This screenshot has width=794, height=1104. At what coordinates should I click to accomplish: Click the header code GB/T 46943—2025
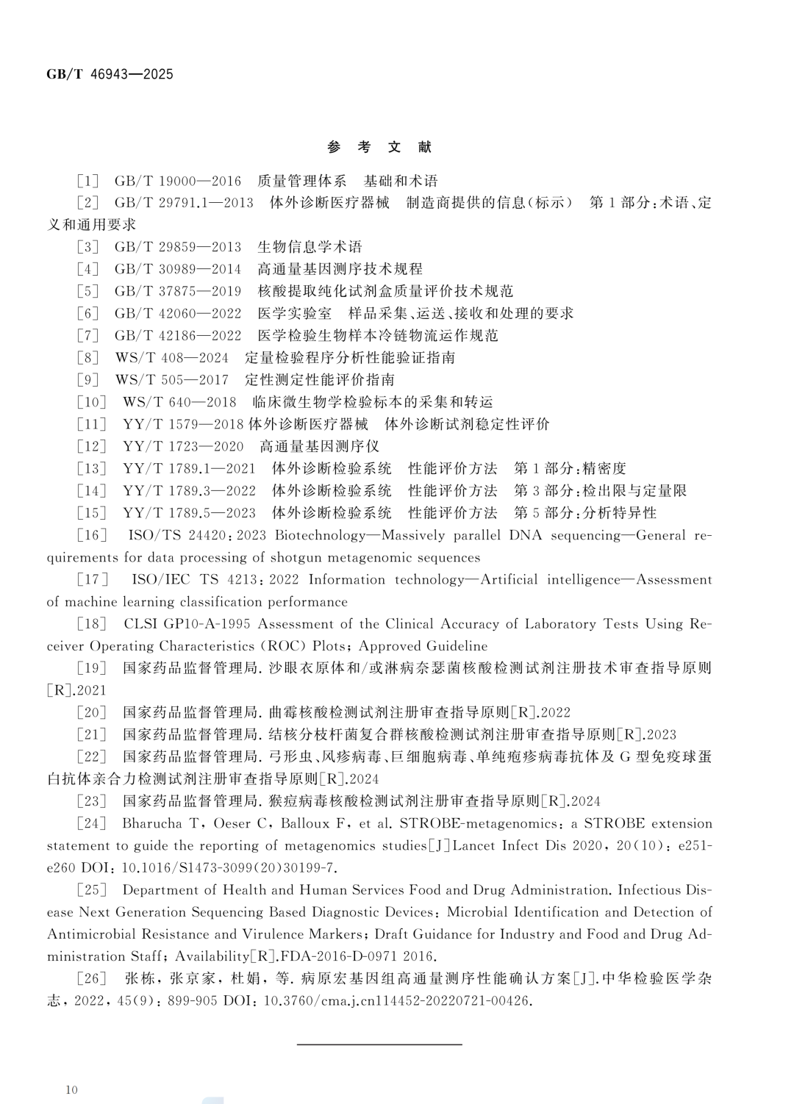[x=110, y=74]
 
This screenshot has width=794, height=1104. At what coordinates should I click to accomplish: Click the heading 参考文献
[x=379, y=147]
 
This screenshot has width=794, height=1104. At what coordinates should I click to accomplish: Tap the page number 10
[x=71, y=1089]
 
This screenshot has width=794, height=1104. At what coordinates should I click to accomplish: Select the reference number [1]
[x=87, y=181]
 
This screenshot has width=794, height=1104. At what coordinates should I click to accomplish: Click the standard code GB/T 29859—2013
[x=177, y=247]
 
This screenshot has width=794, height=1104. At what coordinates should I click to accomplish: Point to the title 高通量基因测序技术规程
[x=340, y=269]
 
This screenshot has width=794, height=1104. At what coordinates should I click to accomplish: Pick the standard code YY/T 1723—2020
[x=182, y=446]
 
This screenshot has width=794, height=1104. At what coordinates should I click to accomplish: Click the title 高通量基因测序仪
[x=319, y=446]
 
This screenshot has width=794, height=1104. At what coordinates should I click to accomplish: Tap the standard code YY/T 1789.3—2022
[x=189, y=491]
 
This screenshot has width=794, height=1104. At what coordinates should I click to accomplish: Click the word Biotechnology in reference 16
[x=320, y=535]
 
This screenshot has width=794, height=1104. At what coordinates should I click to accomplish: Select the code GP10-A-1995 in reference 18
[x=208, y=624]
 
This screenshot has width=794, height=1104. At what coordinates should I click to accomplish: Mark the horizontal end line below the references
[x=379, y=1044]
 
